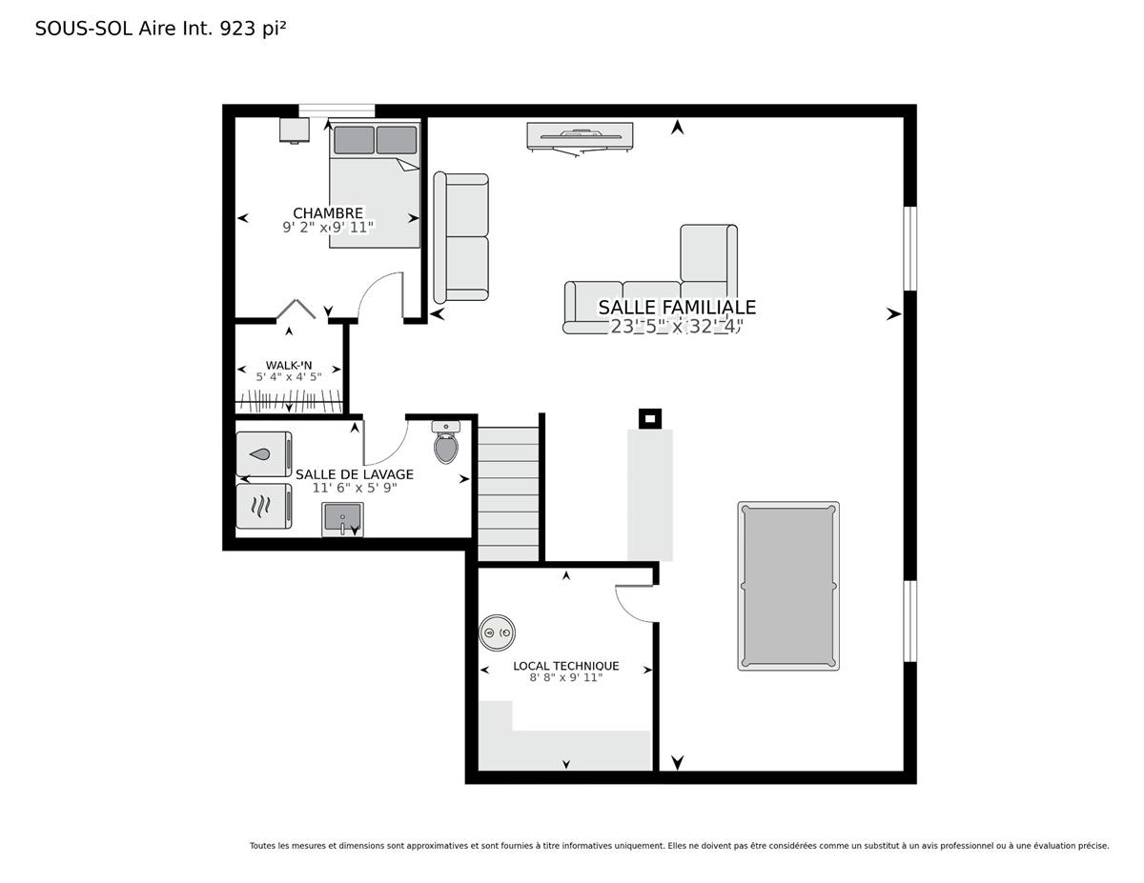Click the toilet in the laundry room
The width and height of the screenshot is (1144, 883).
pos(446,442)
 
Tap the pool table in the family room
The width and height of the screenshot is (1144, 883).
pos(788,586)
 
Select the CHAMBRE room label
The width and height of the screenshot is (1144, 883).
pos(328,213)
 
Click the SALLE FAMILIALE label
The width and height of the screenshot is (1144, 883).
pos(677,307)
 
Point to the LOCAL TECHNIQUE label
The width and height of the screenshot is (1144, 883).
pos(566,666)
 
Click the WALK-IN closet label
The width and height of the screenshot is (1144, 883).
pos(289,365)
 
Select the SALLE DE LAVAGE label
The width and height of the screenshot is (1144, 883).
pos(355,474)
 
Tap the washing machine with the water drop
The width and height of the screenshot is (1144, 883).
pos(264,453)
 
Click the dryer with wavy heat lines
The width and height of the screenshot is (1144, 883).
pos(264,506)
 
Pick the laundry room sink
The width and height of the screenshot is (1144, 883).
pos(343,519)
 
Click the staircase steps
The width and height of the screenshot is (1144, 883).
pos(508,493)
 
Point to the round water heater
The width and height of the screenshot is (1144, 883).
pos(497,632)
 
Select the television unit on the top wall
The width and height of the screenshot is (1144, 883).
pos(580,139)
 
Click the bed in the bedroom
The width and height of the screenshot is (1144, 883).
pos(375,185)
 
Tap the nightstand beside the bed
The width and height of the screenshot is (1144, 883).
pos(294,130)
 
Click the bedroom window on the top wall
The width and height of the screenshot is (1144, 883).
pos(337,110)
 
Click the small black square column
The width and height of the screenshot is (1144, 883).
pos(650,418)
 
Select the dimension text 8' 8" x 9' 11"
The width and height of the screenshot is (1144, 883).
pos(566,677)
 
